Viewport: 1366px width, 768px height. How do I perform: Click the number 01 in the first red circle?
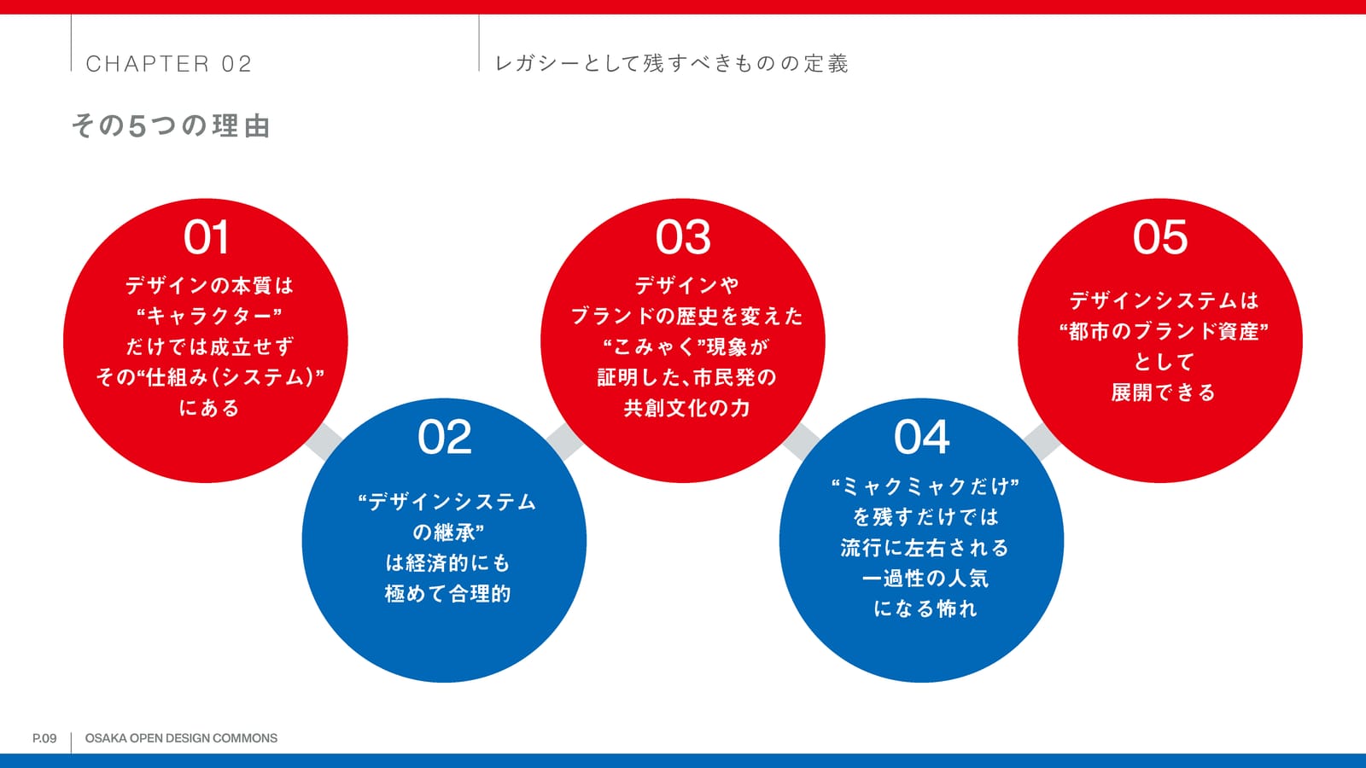[x=206, y=237]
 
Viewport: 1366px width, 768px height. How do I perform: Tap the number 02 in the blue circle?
[x=445, y=437]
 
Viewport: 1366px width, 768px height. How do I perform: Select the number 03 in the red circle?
[x=683, y=237]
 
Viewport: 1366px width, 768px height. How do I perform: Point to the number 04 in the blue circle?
[x=921, y=437]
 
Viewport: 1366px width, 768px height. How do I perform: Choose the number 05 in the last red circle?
[x=1160, y=237]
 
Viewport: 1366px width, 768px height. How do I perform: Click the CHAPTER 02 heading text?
[x=169, y=63]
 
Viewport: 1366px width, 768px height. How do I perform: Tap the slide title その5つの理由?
[x=172, y=125]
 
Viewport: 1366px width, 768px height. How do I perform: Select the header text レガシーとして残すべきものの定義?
[x=671, y=63]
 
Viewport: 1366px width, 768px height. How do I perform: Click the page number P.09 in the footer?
[x=44, y=738]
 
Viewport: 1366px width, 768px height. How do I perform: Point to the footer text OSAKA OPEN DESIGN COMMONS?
[x=181, y=738]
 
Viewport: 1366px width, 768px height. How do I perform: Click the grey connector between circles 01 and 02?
[x=324, y=441]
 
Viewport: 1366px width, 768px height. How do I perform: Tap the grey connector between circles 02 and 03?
[x=564, y=441]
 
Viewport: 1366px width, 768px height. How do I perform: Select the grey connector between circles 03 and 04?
[x=802, y=441]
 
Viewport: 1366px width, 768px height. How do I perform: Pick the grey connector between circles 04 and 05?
[x=1042, y=441]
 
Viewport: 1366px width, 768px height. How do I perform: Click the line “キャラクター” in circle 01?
[x=209, y=317]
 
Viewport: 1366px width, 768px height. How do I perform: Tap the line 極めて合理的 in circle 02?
[x=447, y=594]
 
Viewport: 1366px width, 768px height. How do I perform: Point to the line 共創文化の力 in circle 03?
[x=686, y=408]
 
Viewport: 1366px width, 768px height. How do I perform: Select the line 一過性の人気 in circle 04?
[x=925, y=578]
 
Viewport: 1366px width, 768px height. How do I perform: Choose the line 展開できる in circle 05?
[x=1163, y=393]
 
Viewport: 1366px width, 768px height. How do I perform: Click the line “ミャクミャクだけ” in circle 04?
[x=925, y=486]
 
